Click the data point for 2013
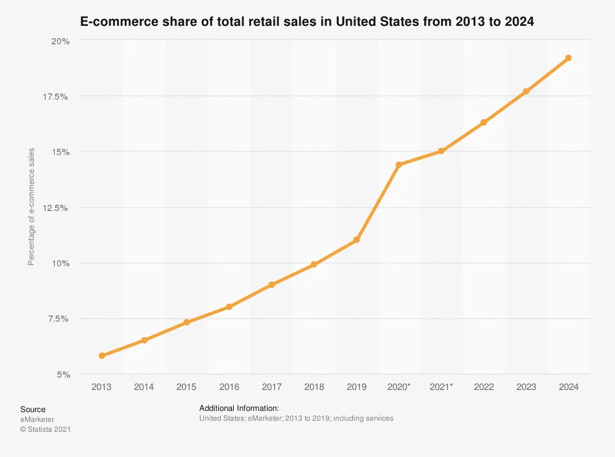tap(102, 356)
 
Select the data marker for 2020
tap(399, 165)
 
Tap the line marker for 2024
tap(568, 58)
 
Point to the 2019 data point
tap(357, 240)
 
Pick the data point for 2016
tap(229, 307)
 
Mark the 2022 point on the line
tap(483, 122)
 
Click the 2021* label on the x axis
tap(441, 387)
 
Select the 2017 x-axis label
tap(272, 387)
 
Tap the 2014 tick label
tap(144, 387)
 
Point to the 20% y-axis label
tap(60, 41)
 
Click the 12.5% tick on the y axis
tap(55, 208)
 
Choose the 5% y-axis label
tap(63, 375)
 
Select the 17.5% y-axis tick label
tap(55, 97)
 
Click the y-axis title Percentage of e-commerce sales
tap(31, 207)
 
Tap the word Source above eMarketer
tap(33, 409)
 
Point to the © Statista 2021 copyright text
tap(46, 429)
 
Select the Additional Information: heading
tap(239, 408)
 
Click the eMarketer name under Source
tap(38, 419)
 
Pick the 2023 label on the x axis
tap(526, 387)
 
